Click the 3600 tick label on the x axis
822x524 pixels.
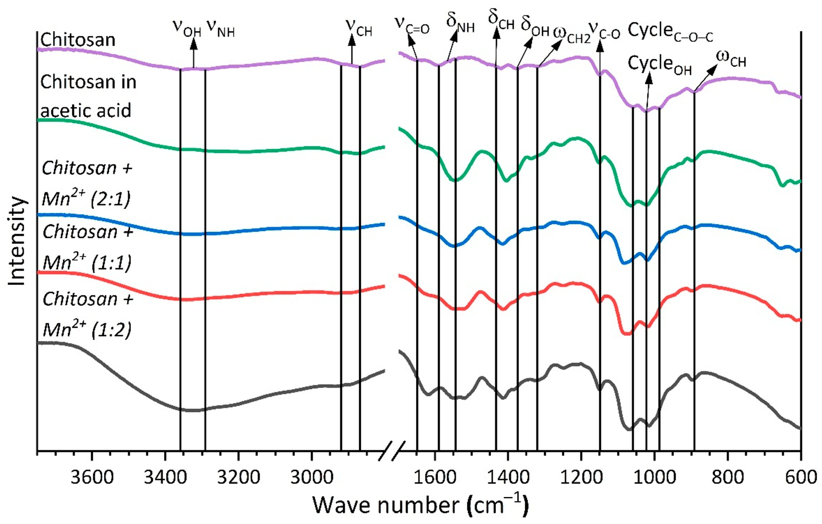pos(92,477)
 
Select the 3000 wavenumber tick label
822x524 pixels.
pos(311,477)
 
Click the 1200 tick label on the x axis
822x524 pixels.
pos(581,477)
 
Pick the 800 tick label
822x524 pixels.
pos(728,477)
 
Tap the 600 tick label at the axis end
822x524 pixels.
pos(801,477)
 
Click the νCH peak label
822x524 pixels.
pos(359,28)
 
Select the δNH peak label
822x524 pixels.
pos(460,24)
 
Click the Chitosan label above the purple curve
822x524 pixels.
pos(78,40)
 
